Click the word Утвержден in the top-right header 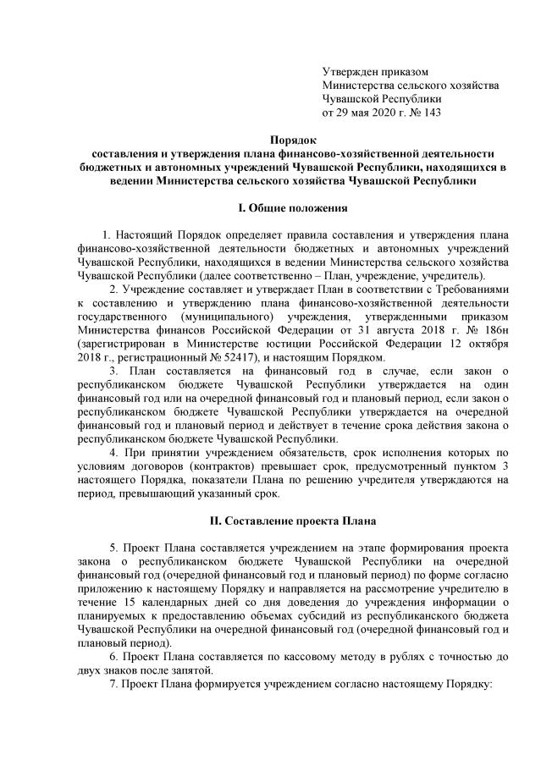coord(349,74)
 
